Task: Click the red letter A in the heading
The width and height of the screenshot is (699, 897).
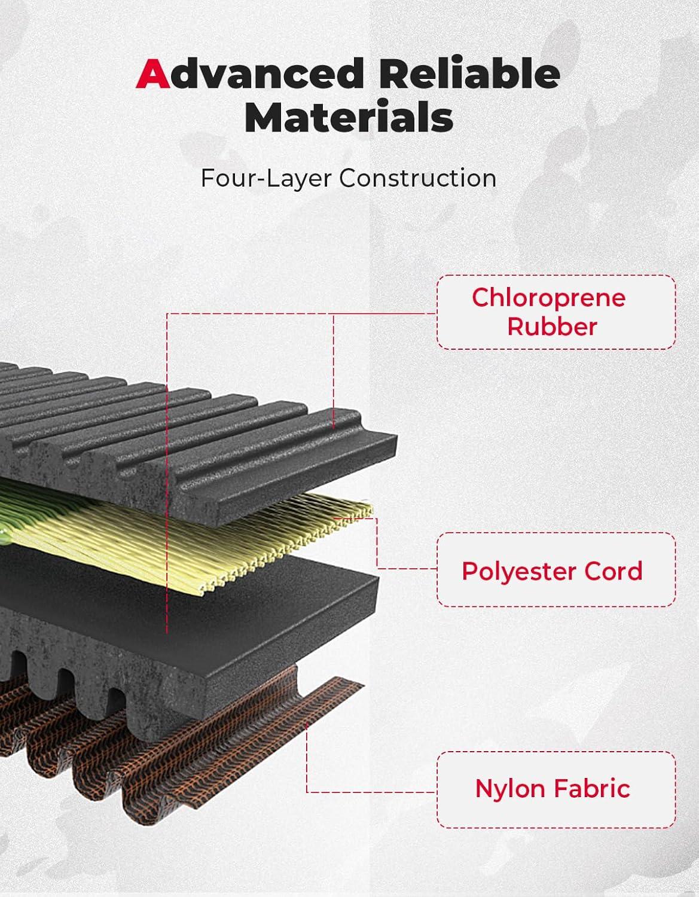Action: pyautogui.click(x=152, y=74)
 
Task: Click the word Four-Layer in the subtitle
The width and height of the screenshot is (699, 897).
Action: pyautogui.click(x=266, y=178)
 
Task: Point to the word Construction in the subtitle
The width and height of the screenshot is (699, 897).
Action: pyautogui.click(x=418, y=178)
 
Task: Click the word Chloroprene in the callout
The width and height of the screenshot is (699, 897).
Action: pyautogui.click(x=549, y=298)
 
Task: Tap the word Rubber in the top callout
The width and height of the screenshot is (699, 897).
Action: pyautogui.click(x=552, y=327)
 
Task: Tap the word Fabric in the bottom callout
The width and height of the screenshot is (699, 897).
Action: pyautogui.click(x=592, y=788)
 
